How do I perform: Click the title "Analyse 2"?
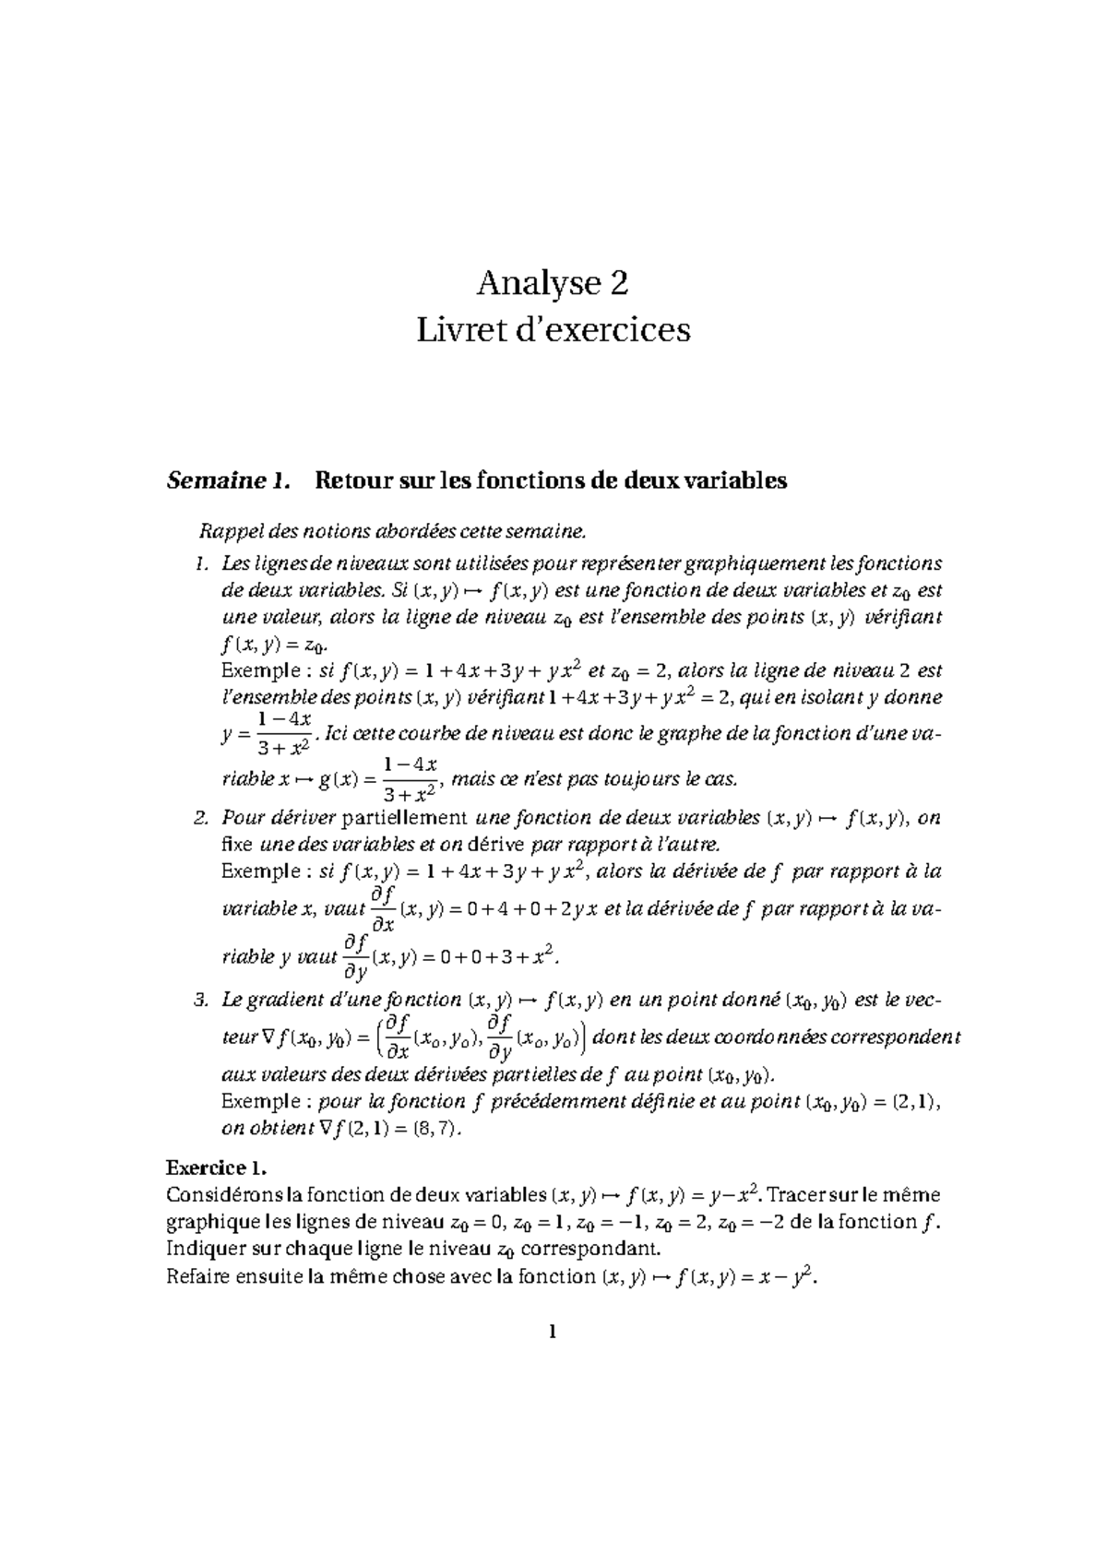553,284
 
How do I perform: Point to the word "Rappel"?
225,532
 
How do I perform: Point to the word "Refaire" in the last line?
196,1277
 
